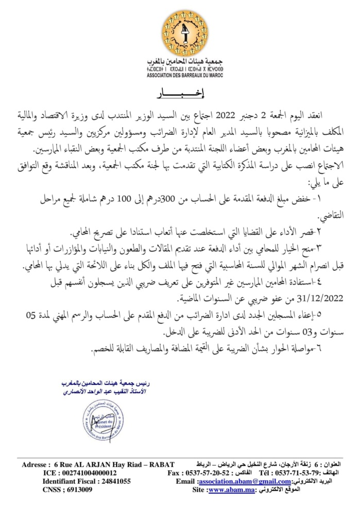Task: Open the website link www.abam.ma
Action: pos(225,490)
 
